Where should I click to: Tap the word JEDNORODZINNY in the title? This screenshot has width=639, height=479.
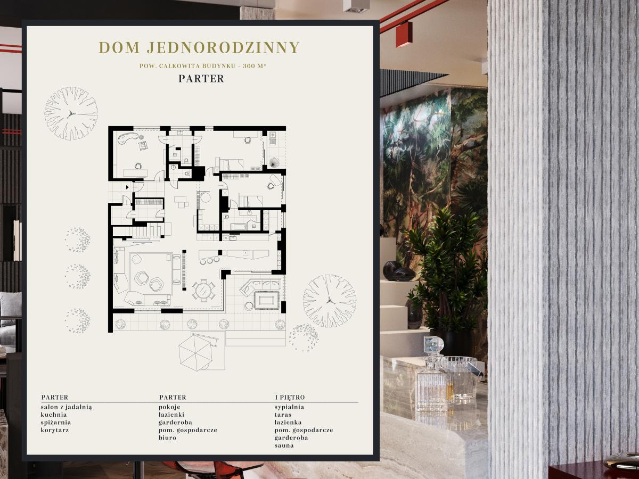[x=223, y=47]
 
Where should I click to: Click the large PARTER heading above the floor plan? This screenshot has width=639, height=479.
[x=201, y=79]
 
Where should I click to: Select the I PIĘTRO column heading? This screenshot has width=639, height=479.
[x=290, y=397]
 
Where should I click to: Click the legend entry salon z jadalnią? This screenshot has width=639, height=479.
[x=67, y=407]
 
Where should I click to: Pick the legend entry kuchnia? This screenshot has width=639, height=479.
[x=54, y=415]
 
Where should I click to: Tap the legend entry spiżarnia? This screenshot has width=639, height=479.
[x=55, y=423]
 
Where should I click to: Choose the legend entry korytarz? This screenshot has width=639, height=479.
[x=55, y=430]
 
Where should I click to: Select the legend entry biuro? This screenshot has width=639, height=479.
[x=167, y=437]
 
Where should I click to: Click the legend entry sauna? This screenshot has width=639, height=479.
[x=284, y=445]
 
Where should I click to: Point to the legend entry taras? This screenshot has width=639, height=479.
[x=283, y=415]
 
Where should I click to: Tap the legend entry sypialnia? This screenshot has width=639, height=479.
[x=289, y=407]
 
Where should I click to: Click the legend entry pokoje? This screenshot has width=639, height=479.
[x=169, y=407]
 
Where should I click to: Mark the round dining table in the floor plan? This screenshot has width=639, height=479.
[x=204, y=290]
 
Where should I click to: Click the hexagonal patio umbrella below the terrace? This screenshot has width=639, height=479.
[x=195, y=352]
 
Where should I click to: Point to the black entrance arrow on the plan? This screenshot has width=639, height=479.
[x=127, y=187]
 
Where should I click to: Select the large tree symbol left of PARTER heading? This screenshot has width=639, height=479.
[x=71, y=113]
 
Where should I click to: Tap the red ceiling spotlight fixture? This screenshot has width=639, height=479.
[x=404, y=34]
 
